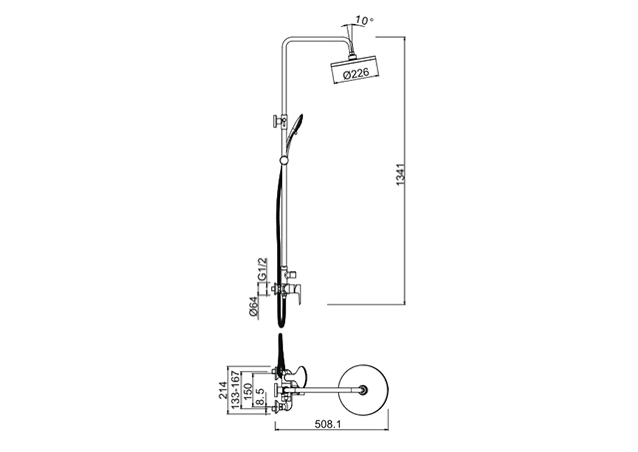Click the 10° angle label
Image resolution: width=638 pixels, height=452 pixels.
[x=364, y=20]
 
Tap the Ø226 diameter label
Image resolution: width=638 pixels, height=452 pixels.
[x=356, y=74]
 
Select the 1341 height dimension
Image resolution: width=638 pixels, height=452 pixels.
[x=401, y=175]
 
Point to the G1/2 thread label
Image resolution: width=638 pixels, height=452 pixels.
[x=263, y=268]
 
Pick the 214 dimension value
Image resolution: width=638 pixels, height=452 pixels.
[x=222, y=390]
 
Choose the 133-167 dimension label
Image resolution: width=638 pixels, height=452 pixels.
[x=235, y=390]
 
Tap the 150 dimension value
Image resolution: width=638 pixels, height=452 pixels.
[x=247, y=390]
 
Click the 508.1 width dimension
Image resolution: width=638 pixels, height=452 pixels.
[x=328, y=424]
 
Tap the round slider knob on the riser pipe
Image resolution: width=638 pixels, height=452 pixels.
[x=285, y=160]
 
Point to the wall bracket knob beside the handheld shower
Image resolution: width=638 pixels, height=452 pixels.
[x=277, y=122]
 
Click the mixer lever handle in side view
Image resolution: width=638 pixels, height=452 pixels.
[x=296, y=294]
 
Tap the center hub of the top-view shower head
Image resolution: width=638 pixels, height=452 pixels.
[x=363, y=390]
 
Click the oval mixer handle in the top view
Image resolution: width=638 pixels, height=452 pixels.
[x=300, y=374]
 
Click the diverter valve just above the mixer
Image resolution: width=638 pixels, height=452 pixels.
[x=289, y=270]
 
